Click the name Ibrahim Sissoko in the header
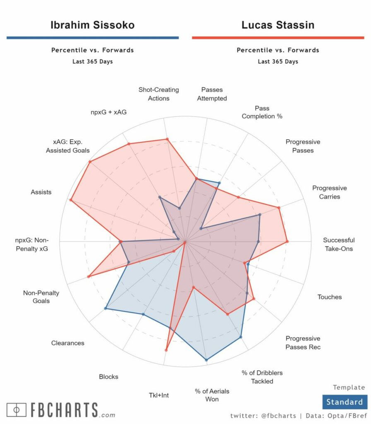tap(92, 25)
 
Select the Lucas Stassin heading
tap(278, 25)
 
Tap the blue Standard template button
tap(344, 402)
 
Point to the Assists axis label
tap(41, 192)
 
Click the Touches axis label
tap(330, 297)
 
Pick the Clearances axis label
tap(67, 343)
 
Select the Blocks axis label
tap(108, 377)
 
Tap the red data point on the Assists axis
tap(71, 200)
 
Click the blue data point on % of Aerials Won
tap(206, 360)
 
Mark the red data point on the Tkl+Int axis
tap(166, 350)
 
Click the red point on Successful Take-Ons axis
tap(287, 241)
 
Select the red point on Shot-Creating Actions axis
tap(167, 140)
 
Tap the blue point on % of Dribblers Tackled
tap(241, 338)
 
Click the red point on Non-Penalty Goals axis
tap(89, 277)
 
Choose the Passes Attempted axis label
tap(212, 94)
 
